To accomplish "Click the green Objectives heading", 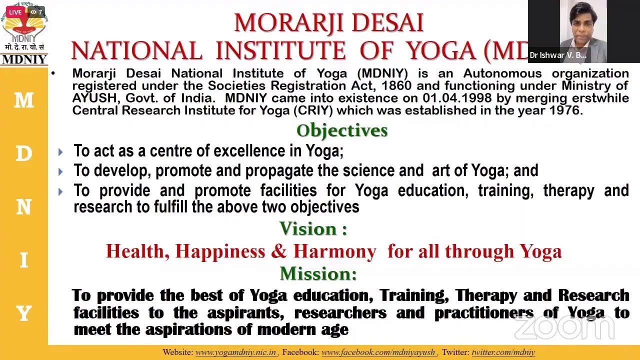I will coord(342,130).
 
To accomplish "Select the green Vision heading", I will coord(313,229).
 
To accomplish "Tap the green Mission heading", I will coord(318,273).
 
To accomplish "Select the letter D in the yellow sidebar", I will coord(23,154).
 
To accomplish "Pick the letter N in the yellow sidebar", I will coord(23,207).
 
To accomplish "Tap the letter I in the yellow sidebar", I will coord(23,260).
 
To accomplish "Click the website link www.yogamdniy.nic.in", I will coord(236,352).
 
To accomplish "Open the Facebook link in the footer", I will coord(378,352).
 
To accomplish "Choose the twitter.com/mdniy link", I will coord(503,352).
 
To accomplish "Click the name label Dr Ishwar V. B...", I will coord(558,55).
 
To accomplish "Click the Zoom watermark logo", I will coord(564,327).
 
